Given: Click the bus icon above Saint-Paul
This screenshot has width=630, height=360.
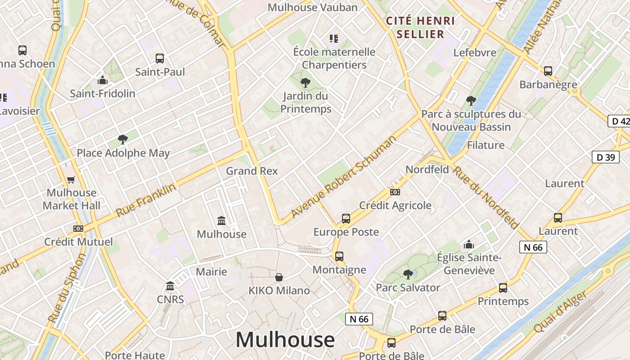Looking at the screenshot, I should pyautogui.click(x=160, y=58).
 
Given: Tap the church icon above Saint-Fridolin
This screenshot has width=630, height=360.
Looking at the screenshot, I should pyautogui.click(x=103, y=81).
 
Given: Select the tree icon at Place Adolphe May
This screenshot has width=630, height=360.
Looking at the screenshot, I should pyautogui.click(x=122, y=139).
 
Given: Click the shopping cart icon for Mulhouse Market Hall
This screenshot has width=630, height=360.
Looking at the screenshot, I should pyautogui.click(x=71, y=180).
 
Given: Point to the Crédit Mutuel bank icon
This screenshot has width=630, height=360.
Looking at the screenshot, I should pyautogui.click(x=78, y=229).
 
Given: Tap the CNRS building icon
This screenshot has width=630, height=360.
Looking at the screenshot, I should pyautogui.click(x=170, y=286).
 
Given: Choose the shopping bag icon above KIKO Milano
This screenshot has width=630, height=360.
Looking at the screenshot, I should pyautogui.click(x=279, y=277).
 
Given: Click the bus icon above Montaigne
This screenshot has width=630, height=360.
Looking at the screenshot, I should pyautogui.click(x=339, y=256).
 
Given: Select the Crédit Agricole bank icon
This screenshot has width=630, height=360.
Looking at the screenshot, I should pyautogui.click(x=395, y=192).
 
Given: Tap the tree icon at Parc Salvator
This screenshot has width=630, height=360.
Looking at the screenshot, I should pyautogui.click(x=408, y=274).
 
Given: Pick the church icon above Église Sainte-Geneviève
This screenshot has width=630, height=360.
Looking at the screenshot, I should pyautogui.click(x=469, y=244).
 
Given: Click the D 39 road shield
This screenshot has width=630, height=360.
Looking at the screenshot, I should pyautogui.click(x=605, y=157).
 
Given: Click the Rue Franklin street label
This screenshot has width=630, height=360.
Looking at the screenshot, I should pyautogui.click(x=146, y=200).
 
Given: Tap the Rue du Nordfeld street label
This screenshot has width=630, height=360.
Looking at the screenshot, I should pyautogui.click(x=486, y=197).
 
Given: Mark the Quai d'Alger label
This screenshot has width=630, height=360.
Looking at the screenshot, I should pyautogui.click(x=560, y=312).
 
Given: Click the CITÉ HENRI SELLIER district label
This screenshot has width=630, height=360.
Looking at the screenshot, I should pyautogui.click(x=421, y=27).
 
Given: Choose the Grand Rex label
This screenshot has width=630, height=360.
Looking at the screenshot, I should pyautogui.click(x=252, y=171).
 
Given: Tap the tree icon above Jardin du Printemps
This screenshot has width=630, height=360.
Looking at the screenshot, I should pyautogui.click(x=306, y=83).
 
